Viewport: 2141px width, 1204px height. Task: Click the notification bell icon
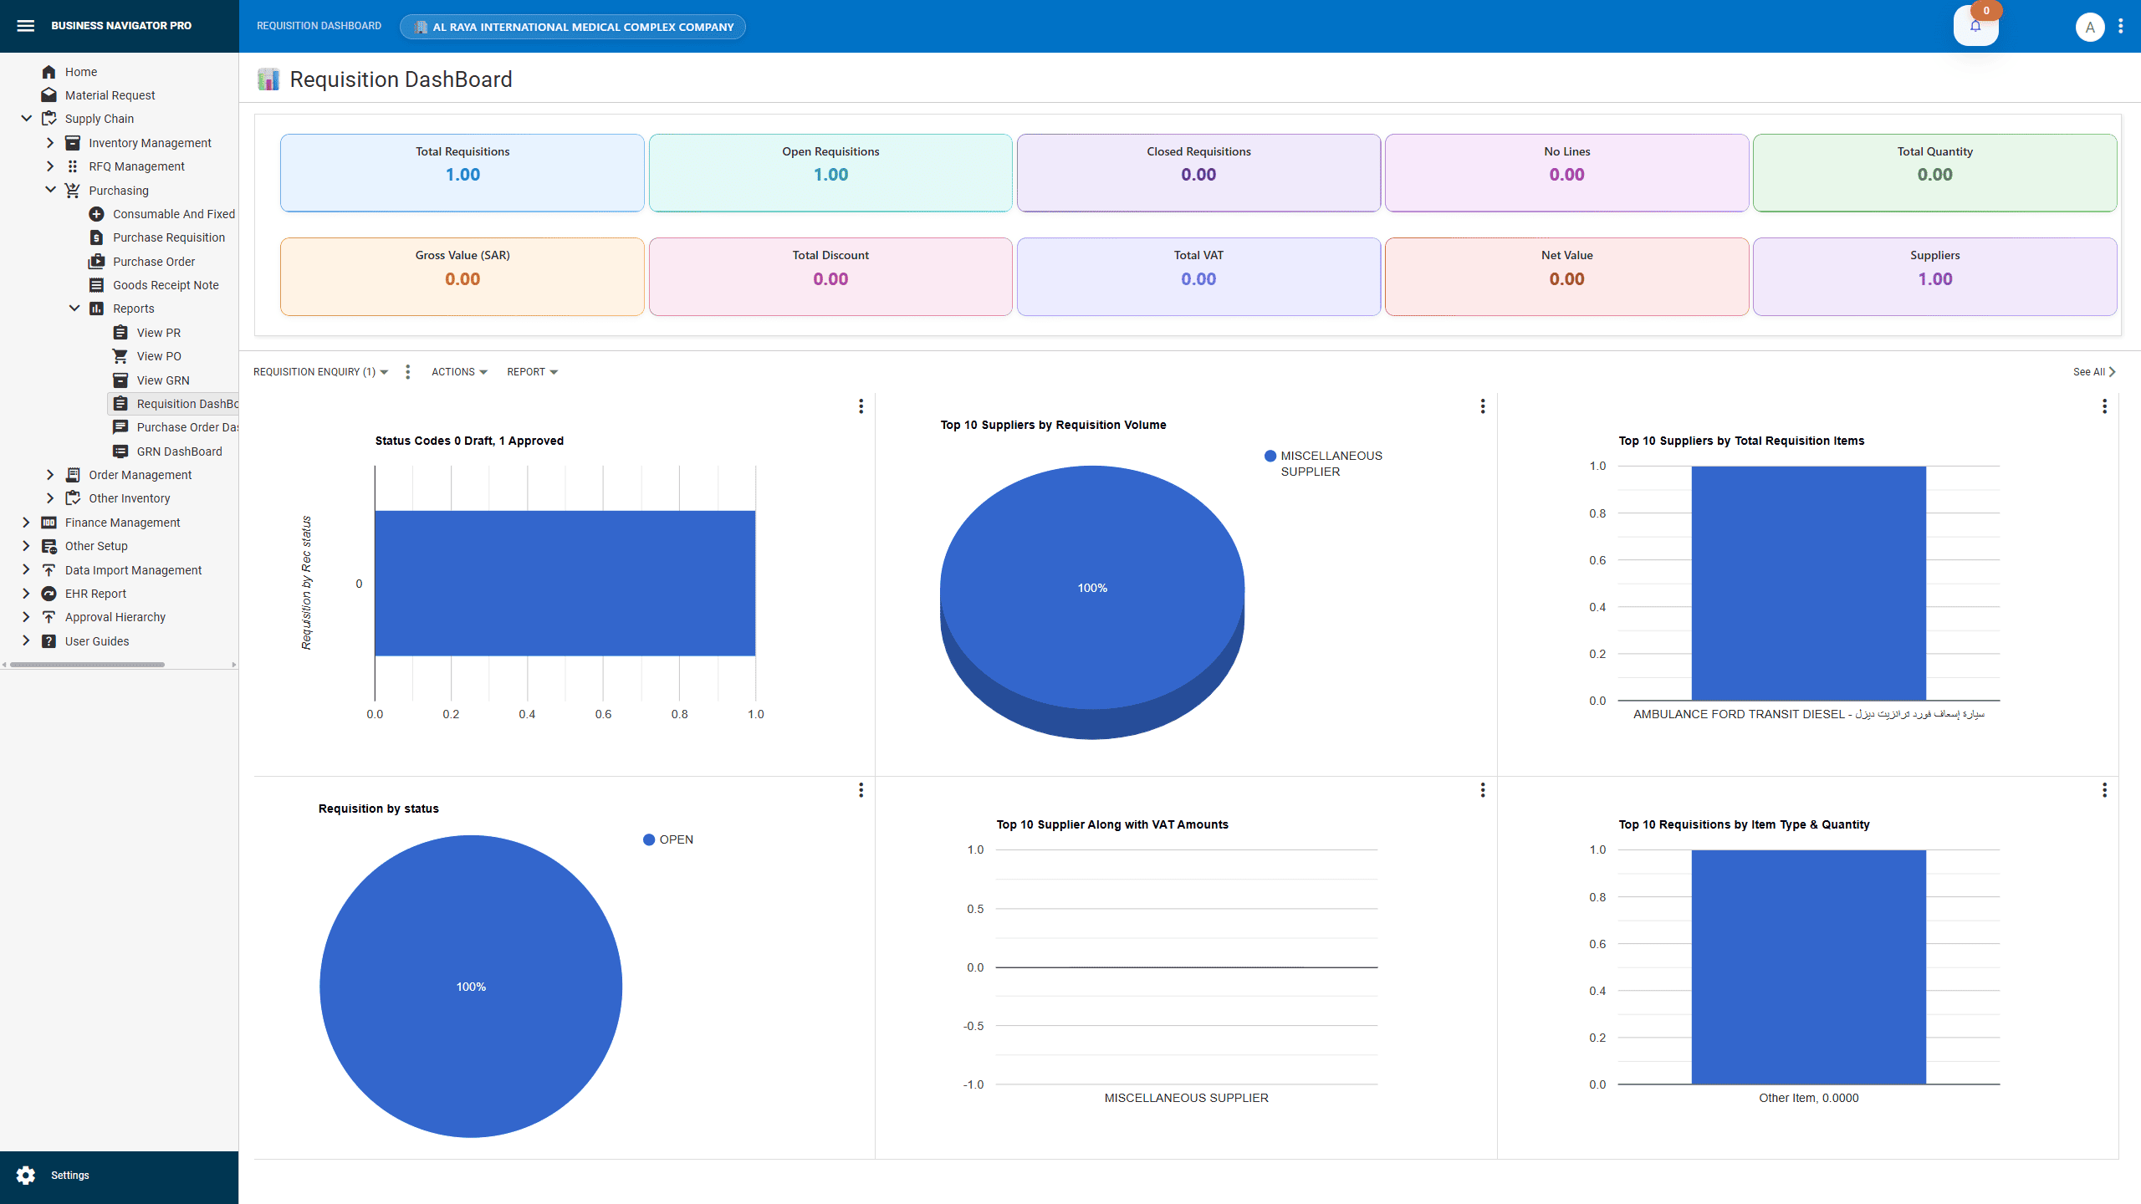pyautogui.click(x=1975, y=26)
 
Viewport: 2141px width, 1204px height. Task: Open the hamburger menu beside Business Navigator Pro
pyautogui.click(x=26, y=26)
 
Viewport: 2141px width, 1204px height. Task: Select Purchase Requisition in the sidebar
pyautogui.click(x=168, y=237)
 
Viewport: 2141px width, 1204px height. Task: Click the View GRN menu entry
pyautogui.click(x=162, y=380)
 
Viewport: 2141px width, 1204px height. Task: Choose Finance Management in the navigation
pyautogui.click(x=122, y=523)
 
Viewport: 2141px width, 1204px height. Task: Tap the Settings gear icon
pyautogui.click(x=26, y=1175)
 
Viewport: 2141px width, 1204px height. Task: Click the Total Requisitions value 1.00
pyautogui.click(x=462, y=175)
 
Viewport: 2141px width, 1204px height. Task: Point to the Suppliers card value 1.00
pyautogui.click(x=1934, y=279)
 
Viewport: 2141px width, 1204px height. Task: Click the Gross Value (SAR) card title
pyautogui.click(x=462, y=255)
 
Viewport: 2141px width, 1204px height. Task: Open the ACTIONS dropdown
pyautogui.click(x=458, y=372)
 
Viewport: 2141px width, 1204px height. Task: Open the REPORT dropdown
pyautogui.click(x=532, y=372)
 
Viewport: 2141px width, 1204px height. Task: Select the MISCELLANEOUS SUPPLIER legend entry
pyautogui.click(x=1330, y=463)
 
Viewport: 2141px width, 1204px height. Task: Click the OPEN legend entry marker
pyautogui.click(x=649, y=839)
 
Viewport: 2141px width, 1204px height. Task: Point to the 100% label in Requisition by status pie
pyautogui.click(x=471, y=987)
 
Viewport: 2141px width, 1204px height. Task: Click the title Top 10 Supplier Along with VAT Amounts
pyautogui.click(x=1111, y=824)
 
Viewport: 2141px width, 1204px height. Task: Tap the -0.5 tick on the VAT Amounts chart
pyautogui.click(x=973, y=1026)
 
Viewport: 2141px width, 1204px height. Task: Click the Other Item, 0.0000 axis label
pyautogui.click(x=1808, y=1098)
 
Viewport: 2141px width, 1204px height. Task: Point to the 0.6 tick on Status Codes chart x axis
pyautogui.click(x=603, y=714)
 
